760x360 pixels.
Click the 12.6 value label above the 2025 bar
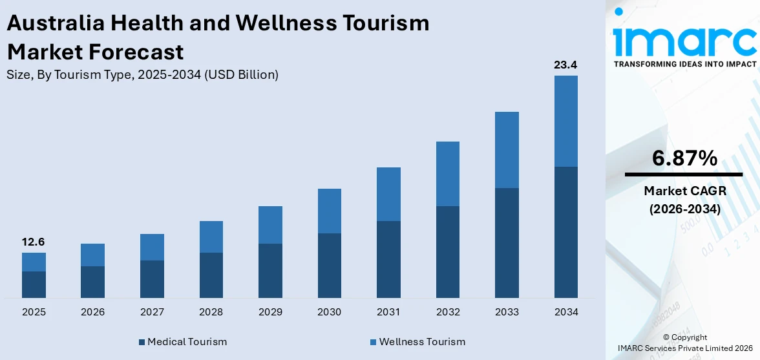tap(34, 242)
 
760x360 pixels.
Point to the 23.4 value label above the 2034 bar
tap(565, 65)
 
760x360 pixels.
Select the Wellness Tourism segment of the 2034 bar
tap(565, 121)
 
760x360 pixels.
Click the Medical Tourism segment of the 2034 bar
tap(565, 232)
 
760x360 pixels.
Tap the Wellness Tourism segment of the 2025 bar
tap(34, 262)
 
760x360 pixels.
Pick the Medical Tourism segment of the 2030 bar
tap(329, 265)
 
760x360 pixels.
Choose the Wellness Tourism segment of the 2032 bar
tap(447, 173)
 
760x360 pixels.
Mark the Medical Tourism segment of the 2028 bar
tap(211, 275)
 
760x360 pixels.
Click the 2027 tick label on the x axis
tap(152, 312)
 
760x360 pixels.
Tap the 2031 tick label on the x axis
tap(388, 312)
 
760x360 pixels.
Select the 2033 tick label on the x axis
tap(507, 312)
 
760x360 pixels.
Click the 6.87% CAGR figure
tap(684, 158)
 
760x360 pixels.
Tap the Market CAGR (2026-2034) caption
tap(684, 200)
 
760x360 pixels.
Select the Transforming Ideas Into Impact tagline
tap(684, 64)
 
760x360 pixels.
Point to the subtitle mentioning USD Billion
tap(142, 74)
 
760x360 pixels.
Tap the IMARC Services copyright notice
tap(684, 343)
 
